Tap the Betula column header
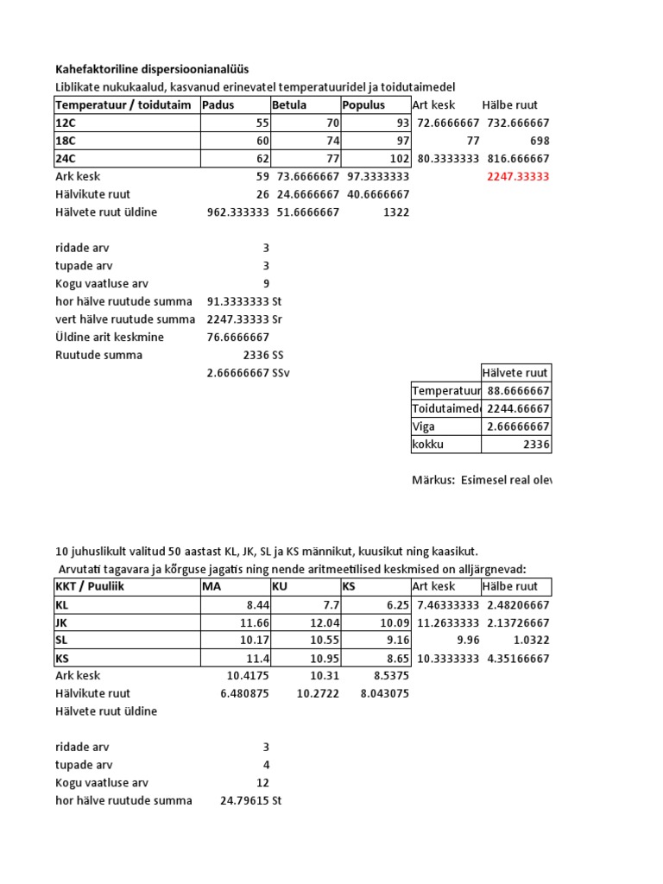tap(289, 105)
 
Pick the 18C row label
tap(66, 141)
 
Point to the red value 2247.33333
tap(518, 176)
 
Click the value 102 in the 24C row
tap(397, 159)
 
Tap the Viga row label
tap(424, 426)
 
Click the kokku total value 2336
tap(535, 445)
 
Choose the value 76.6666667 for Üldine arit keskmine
tap(238, 337)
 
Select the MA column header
tap(212, 587)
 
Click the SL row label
tap(61, 641)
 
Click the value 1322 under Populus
tap(395, 212)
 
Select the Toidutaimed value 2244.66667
tap(518, 408)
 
